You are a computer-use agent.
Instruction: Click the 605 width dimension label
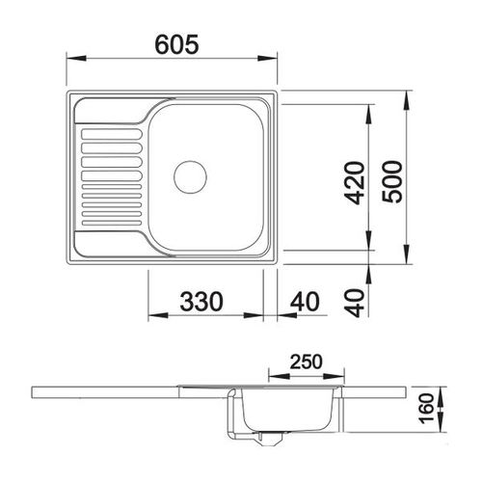coord(174,43)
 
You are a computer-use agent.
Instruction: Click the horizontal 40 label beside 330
coord(303,301)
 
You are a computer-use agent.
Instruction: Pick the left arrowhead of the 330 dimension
coord(152,317)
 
